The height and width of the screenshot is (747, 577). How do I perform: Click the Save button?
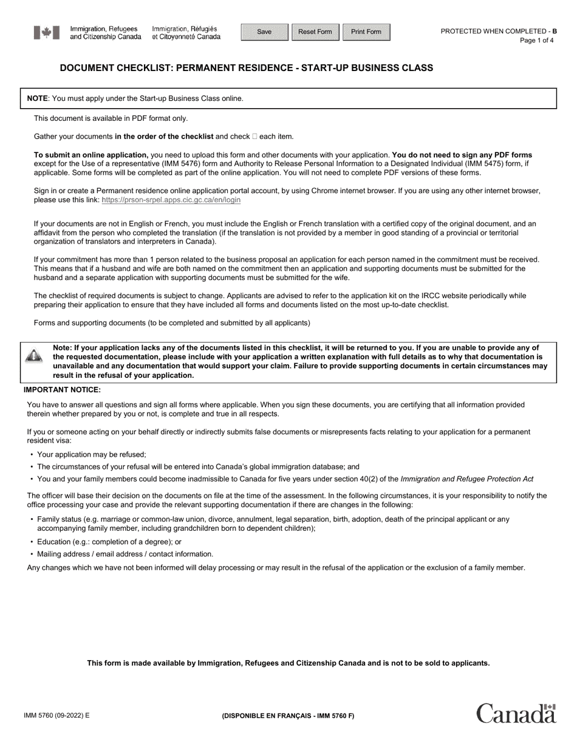click(x=264, y=32)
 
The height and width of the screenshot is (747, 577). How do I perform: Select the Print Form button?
click(x=366, y=32)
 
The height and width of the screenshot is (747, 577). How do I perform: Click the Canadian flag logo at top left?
click(x=47, y=33)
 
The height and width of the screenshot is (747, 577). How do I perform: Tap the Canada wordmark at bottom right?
click(x=516, y=714)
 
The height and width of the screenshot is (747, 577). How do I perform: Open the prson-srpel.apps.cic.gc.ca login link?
click(x=171, y=200)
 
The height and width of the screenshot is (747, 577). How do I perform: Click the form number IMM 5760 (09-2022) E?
click(x=56, y=715)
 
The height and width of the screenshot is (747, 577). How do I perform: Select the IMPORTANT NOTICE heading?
click(x=62, y=390)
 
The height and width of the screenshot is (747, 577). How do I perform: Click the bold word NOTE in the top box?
click(x=37, y=98)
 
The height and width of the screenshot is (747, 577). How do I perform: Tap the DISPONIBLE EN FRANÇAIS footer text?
click(x=288, y=715)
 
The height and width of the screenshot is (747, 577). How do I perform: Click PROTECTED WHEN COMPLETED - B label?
click(x=498, y=31)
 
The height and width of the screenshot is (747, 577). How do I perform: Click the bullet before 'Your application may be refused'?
click(x=31, y=455)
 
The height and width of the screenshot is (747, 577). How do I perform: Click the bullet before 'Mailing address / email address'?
click(x=31, y=554)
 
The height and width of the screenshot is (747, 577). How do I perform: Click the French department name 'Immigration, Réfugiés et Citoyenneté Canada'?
click(x=186, y=33)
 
